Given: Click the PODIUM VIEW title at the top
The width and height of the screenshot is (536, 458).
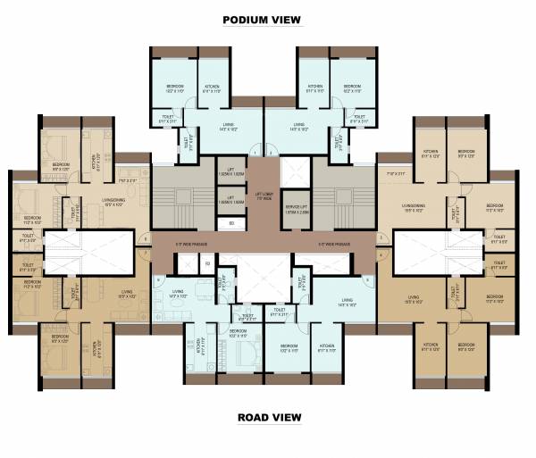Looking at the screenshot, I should point(262,19).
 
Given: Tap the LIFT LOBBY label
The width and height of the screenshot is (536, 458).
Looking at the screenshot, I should point(264,195).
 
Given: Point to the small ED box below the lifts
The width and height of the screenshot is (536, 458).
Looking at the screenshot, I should point(230,223).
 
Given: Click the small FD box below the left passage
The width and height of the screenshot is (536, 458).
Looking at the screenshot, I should point(207,263).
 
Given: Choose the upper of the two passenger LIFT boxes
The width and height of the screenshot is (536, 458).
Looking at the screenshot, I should point(230,170).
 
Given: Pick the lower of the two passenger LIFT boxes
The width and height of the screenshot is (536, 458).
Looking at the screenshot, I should point(230,200).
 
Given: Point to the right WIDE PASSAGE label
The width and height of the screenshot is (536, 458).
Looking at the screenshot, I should point(334,243).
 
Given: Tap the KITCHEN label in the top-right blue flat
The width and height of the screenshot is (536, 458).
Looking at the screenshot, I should point(314,87).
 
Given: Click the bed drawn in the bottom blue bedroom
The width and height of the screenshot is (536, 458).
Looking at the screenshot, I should point(245,346).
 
